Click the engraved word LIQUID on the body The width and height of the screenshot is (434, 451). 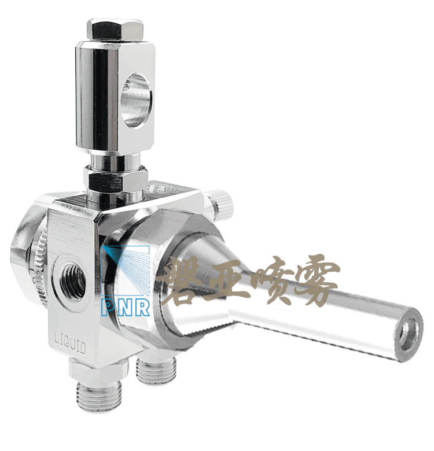71,342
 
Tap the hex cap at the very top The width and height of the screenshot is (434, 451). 115,30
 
